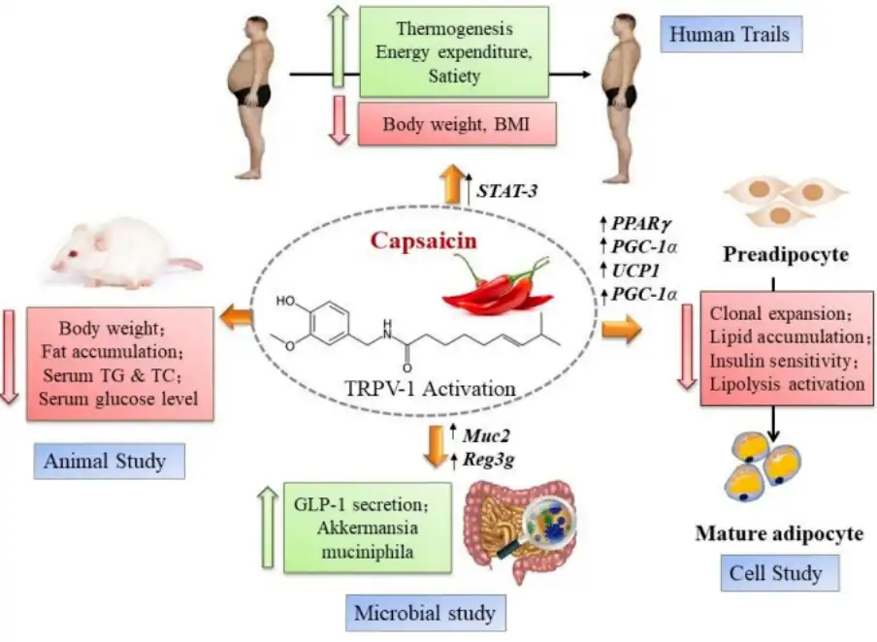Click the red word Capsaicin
coord(423,241)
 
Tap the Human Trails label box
coord(731,35)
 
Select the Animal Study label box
coord(109,462)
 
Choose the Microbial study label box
coord(425,613)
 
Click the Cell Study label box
coord(780,573)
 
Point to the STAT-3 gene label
coord(506,191)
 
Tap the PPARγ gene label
coord(641,224)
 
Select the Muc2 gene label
coord(486,435)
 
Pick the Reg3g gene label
coord(488,461)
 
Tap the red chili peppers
coord(498,284)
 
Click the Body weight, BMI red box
coord(457,123)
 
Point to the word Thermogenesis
coord(454,28)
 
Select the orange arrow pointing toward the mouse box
coord(237,319)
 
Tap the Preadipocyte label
coord(785,254)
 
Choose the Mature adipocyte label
coord(779,533)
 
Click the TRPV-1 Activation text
coord(429,388)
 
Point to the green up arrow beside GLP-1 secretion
coord(269,528)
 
